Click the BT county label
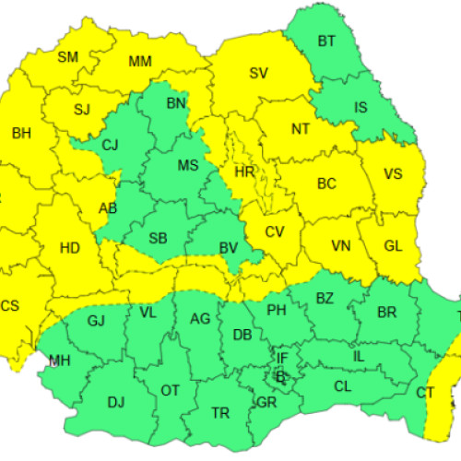327,41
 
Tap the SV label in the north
259,73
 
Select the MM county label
140,62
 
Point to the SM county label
68,56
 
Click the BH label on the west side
21,134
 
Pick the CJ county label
111,145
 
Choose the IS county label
361,107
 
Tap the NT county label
301,129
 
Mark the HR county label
244,172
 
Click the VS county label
394,173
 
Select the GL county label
393,245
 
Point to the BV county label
229,247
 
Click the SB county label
158,239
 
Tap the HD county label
69,247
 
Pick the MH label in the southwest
59,360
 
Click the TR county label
220,413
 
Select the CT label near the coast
425,394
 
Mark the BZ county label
325,298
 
